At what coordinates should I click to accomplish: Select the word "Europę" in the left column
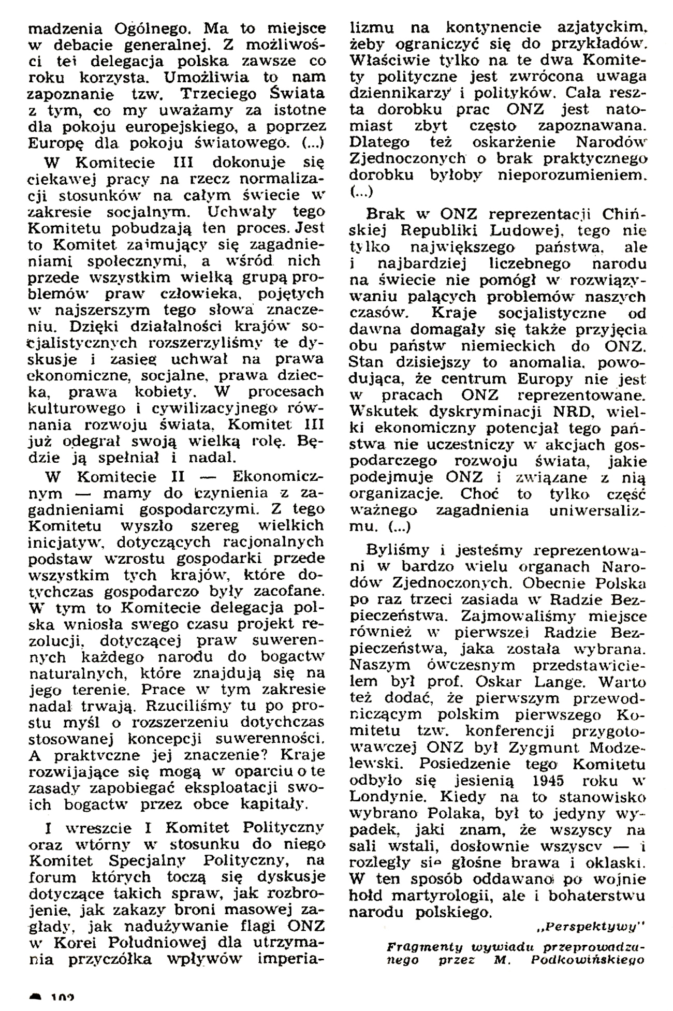(x=51, y=142)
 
